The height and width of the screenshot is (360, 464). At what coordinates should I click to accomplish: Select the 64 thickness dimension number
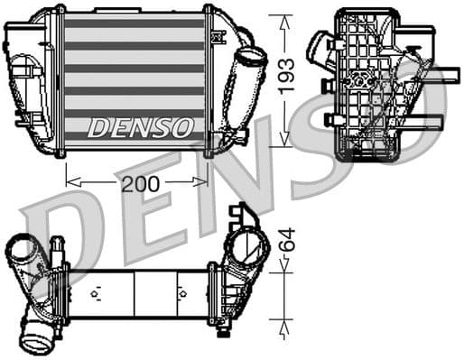pos(286,241)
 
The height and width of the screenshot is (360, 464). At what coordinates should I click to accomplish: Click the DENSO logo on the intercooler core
pos(139,126)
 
